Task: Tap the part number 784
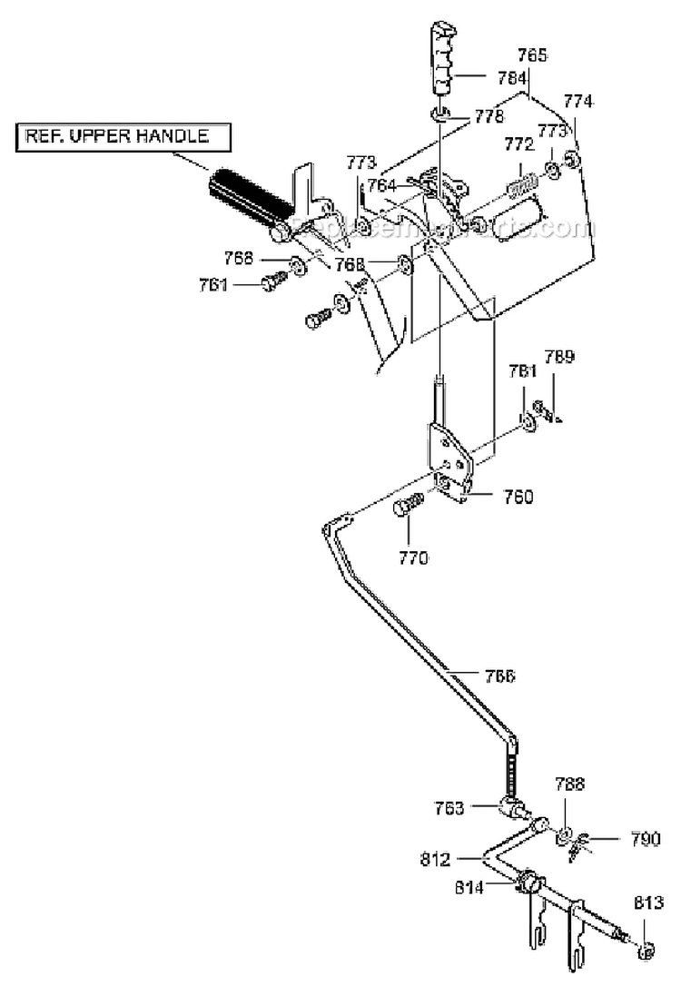[513, 78]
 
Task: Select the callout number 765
[533, 56]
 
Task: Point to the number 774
[577, 102]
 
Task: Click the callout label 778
[489, 117]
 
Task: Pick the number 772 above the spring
[519, 145]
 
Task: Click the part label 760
[518, 497]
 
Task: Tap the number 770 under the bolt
[412, 557]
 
